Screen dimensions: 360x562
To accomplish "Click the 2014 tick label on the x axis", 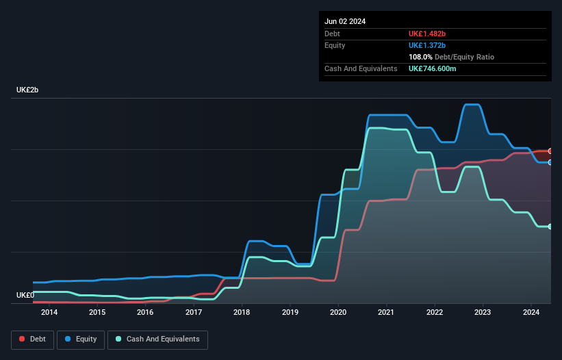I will click(x=49, y=313).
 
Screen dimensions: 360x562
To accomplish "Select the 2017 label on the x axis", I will click(x=194, y=313).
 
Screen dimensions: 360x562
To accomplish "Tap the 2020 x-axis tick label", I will click(x=338, y=313).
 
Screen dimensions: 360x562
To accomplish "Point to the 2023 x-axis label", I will click(x=483, y=313).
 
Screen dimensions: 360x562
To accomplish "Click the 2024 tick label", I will click(x=531, y=313).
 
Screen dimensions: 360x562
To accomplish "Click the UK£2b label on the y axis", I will click(x=27, y=90).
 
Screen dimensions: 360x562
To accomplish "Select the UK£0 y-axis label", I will click(x=25, y=295).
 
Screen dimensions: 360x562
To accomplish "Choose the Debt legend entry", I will click(x=31, y=339).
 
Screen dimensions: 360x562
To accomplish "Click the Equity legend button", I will click(x=81, y=339).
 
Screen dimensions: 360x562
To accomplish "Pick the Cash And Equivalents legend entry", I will click(x=157, y=339).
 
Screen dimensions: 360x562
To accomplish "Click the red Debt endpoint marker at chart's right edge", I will click(x=550, y=151).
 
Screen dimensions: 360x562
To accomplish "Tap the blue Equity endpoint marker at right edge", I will click(x=550, y=162).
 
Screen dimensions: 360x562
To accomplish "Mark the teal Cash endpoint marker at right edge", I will click(x=550, y=227).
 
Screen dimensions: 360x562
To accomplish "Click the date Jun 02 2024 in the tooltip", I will click(x=345, y=21).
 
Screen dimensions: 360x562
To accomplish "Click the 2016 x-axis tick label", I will click(x=145, y=313).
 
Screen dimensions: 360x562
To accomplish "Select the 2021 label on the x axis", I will click(x=387, y=313).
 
